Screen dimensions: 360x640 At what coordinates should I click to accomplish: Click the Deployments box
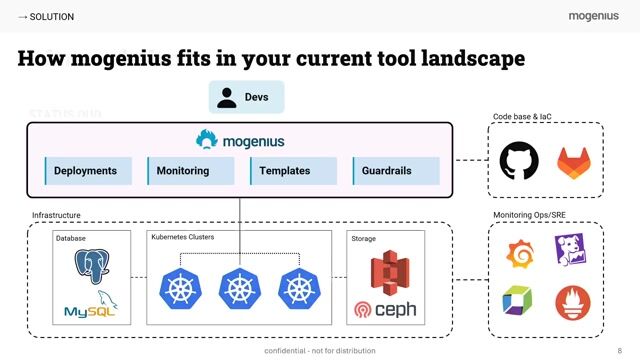click(86, 171)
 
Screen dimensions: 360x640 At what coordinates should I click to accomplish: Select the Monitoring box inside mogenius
click(190, 171)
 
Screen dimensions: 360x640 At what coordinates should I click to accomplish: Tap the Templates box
click(292, 171)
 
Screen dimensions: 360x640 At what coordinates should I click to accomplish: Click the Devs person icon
click(227, 97)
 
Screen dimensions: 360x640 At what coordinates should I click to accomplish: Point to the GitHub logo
click(518, 161)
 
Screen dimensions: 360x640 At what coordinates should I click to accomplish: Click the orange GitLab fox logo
click(574, 161)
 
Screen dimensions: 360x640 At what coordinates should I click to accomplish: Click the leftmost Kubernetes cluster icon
click(180, 290)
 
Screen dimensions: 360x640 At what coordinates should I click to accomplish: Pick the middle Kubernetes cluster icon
click(240, 290)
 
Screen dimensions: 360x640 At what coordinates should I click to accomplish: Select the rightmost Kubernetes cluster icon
click(299, 290)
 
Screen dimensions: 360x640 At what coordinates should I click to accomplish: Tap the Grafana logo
click(518, 254)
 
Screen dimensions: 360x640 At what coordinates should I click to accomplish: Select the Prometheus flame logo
click(574, 303)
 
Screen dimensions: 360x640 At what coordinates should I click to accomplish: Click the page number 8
click(620, 351)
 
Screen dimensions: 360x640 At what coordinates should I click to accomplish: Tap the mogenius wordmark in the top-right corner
click(594, 16)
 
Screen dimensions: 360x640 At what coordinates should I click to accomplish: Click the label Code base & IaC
click(522, 117)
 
